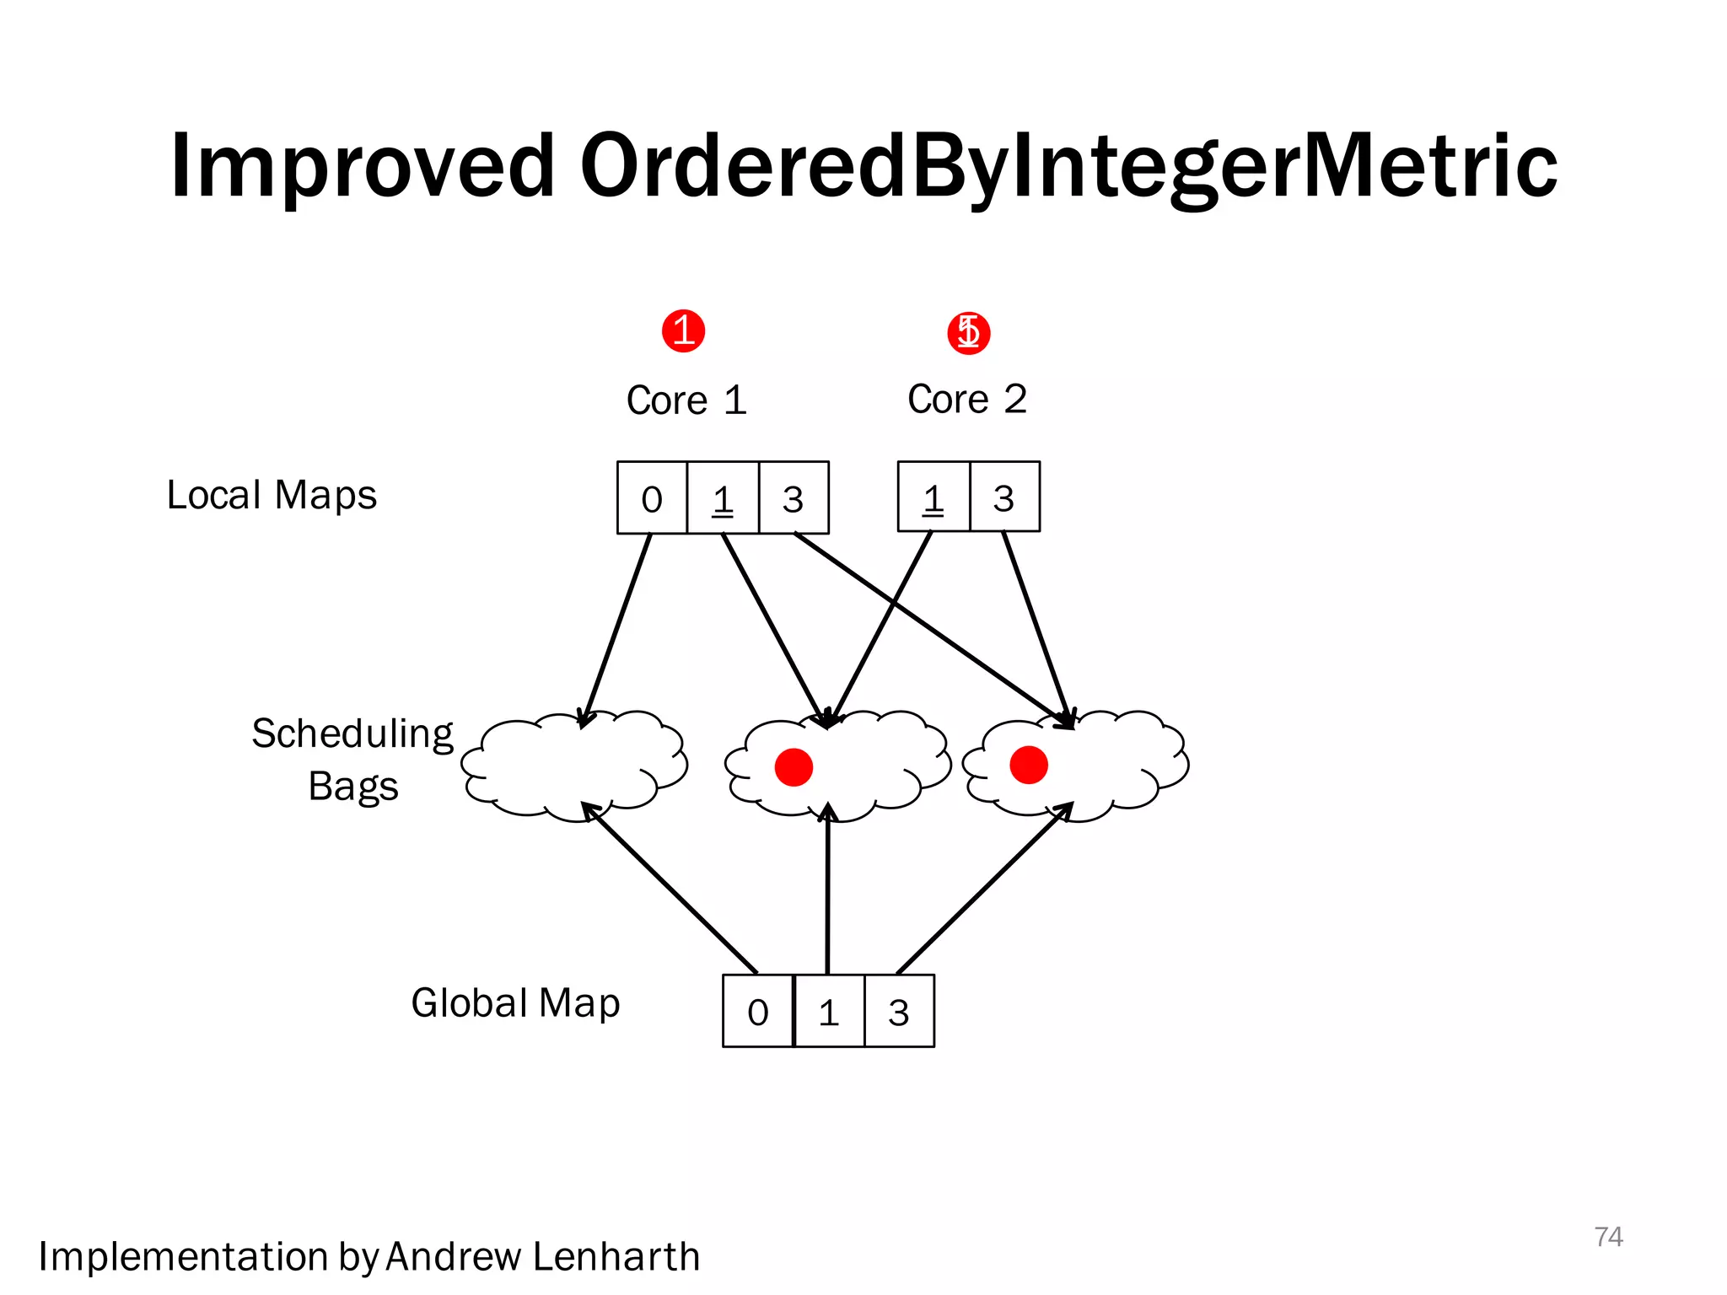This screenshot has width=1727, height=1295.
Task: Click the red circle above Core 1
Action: (x=683, y=330)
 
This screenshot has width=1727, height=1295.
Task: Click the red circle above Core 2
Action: (x=968, y=332)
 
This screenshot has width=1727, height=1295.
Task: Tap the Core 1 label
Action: (x=686, y=400)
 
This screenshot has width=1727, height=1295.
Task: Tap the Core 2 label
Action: (x=967, y=399)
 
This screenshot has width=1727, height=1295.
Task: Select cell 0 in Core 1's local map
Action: (x=652, y=498)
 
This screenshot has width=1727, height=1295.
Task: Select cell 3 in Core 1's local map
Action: (x=793, y=498)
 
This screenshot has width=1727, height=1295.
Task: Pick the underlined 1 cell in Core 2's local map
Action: (x=933, y=497)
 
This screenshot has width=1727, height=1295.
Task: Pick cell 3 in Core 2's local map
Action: (x=1003, y=497)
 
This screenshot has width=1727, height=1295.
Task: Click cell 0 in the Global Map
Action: (x=757, y=1012)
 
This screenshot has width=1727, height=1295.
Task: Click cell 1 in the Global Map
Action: (x=829, y=1012)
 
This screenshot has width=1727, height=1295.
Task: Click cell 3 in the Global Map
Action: (x=899, y=1012)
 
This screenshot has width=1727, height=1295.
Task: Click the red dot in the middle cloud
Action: (x=794, y=767)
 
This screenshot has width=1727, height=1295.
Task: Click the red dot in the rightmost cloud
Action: (x=1029, y=766)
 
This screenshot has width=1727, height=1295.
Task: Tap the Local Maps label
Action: (x=272, y=495)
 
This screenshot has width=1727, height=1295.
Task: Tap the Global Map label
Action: (x=515, y=1003)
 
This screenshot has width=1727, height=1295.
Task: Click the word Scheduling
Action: (x=352, y=733)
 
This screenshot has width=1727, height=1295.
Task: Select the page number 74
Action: (x=1608, y=1236)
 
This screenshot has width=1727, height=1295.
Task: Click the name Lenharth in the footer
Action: (x=616, y=1256)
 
